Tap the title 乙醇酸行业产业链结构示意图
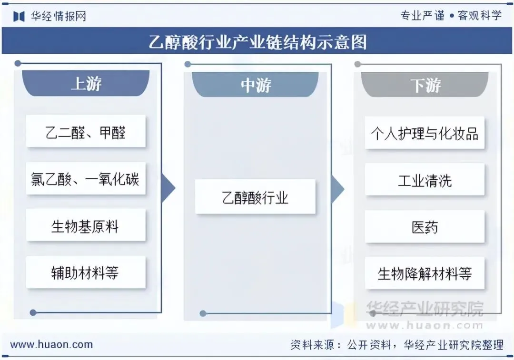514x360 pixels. [257, 42]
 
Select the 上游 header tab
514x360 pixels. [86, 84]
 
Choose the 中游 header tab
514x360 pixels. [256, 85]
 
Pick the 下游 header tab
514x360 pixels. [425, 85]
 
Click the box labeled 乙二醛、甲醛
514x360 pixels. [86, 132]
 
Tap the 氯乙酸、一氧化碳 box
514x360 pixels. [86, 179]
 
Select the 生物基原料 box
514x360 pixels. [86, 225]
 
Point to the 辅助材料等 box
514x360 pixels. [86, 272]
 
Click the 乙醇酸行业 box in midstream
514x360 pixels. [256, 197]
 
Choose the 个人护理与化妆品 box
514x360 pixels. [425, 133]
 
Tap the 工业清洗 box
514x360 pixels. [425, 180]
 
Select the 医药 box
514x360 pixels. [425, 227]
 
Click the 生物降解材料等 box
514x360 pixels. [425, 273]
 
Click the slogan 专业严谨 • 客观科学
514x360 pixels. [451, 16]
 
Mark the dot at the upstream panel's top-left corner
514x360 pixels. [18, 63]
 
